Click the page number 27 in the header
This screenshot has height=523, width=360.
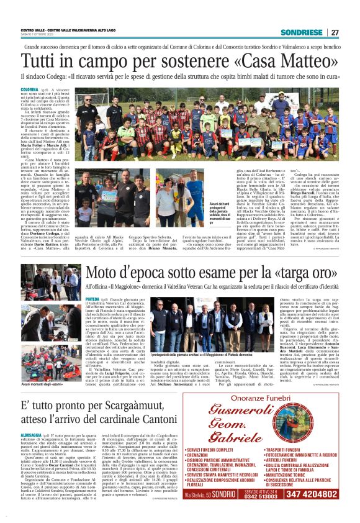(x=335, y=32)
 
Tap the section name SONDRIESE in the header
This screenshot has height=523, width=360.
(x=303, y=32)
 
